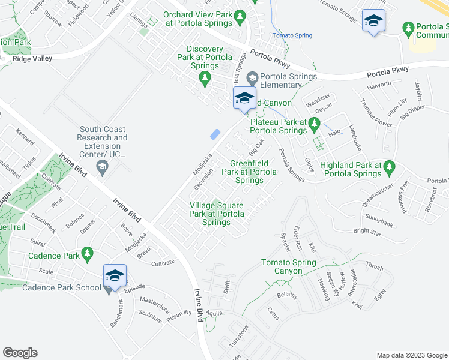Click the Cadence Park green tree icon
click(x=88, y=254)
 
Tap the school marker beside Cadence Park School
click(x=115, y=277)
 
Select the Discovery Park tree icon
click(x=205, y=78)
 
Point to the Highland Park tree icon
click(x=390, y=166)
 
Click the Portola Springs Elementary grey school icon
click(x=252, y=77)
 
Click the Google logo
click(x=20, y=353)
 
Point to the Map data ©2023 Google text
click(x=411, y=354)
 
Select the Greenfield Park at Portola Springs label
click(x=249, y=172)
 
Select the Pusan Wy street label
click(x=179, y=314)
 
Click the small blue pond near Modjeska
click(x=214, y=136)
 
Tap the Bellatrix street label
click(x=287, y=296)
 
